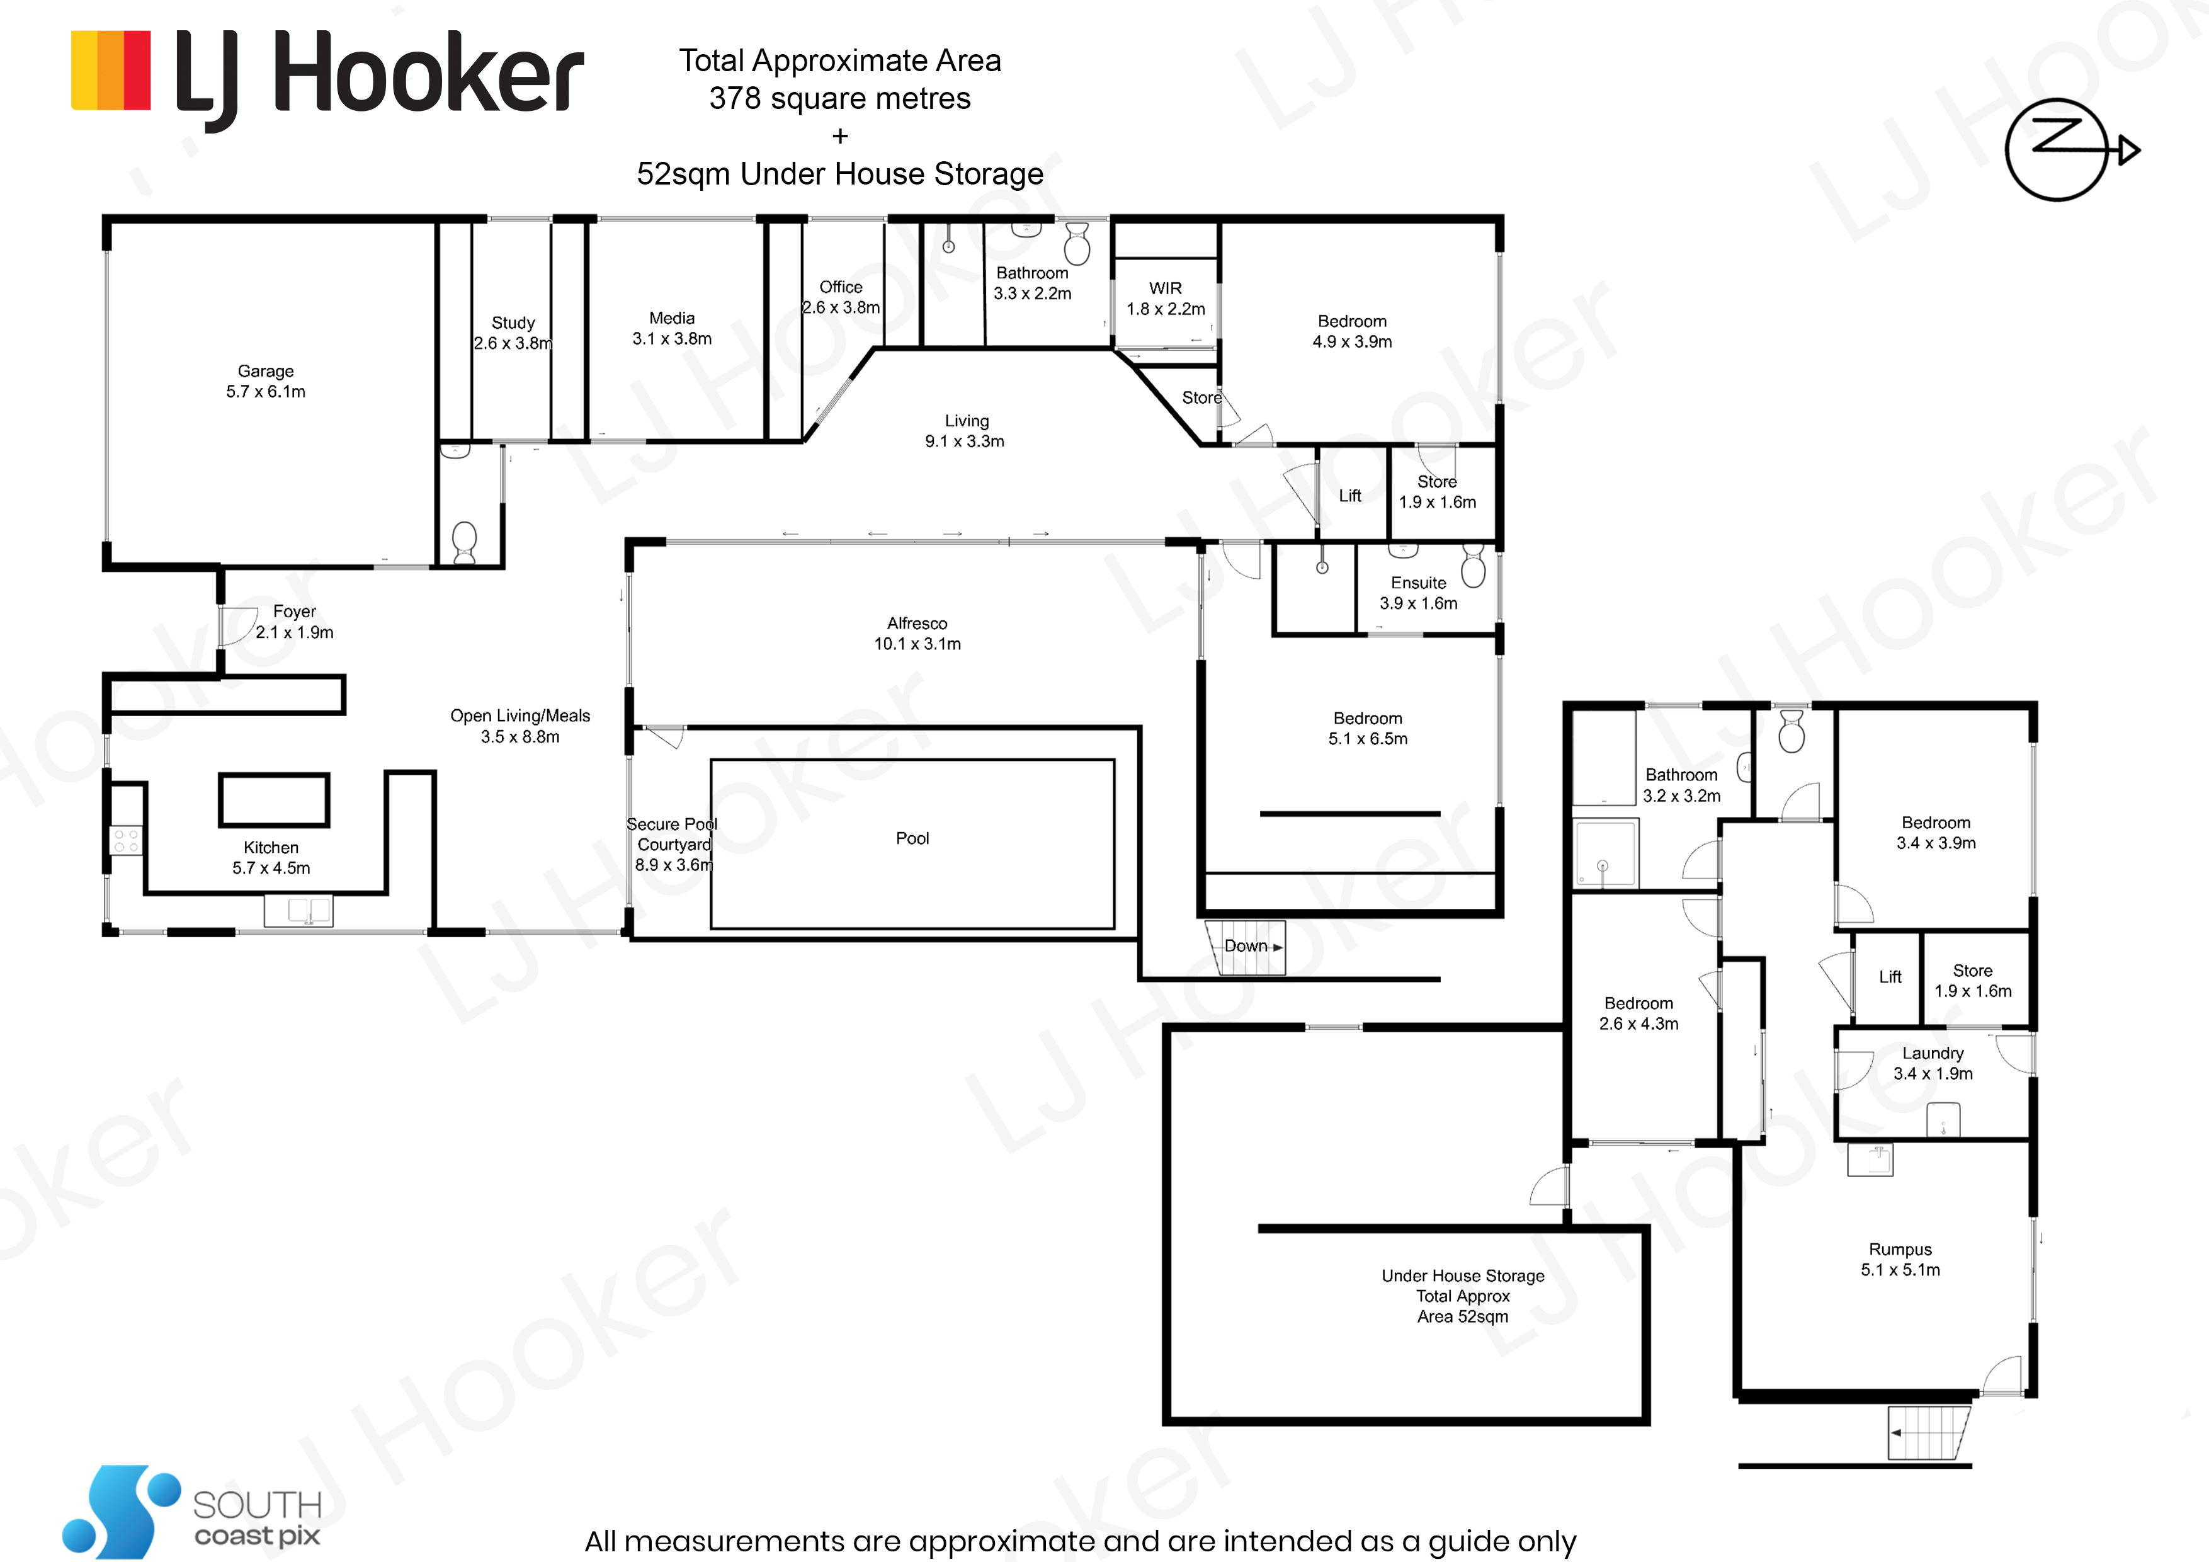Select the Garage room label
266,381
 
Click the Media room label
671,328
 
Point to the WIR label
1165,299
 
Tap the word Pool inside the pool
912,838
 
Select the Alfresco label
917,633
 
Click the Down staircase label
1246,946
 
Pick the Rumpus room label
1900,1259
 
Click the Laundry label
1933,1063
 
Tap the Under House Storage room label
1462,1296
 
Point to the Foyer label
295,622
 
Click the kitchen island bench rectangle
274,800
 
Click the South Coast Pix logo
193,1511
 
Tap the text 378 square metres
840,98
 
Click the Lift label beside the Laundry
1890,977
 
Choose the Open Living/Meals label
520,726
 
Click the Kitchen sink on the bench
298,909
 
